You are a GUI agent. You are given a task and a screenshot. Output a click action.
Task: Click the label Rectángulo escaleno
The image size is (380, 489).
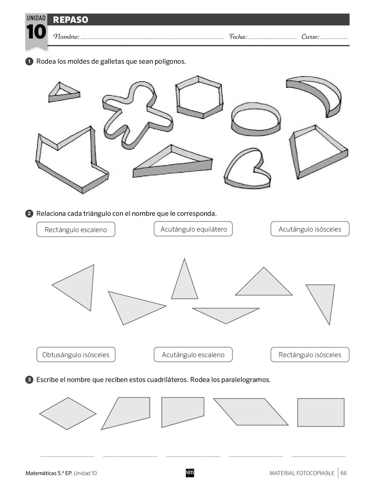pos(76,230)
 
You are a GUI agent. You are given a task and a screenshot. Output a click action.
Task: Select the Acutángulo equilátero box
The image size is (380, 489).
pos(193,229)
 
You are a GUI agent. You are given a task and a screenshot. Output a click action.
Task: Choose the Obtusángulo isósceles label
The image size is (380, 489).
pos(76,355)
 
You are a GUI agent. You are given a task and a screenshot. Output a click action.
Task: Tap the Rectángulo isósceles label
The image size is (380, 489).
pos(310,355)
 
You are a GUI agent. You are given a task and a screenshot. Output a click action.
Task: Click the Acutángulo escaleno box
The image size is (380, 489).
pos(193,355)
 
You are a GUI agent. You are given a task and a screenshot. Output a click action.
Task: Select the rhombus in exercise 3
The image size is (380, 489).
pos(68,414)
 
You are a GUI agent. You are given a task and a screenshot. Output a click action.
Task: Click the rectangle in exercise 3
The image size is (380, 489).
pos(321,413)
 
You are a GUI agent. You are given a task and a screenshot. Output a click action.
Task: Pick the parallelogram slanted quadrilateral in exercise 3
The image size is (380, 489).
pos(251,412)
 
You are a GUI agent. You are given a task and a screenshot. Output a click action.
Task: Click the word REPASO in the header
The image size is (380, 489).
pos(71,20)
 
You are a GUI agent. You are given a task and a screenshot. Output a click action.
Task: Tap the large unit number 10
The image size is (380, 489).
pos(36,32)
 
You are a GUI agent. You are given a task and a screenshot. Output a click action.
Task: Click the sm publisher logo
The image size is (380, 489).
pos(190,473)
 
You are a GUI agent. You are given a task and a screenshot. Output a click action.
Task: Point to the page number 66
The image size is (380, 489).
pos(343,473)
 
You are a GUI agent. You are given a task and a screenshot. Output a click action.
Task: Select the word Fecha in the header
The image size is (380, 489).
pos(238,36)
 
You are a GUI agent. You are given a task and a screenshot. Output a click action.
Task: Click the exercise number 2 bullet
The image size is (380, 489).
pos(29,213)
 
